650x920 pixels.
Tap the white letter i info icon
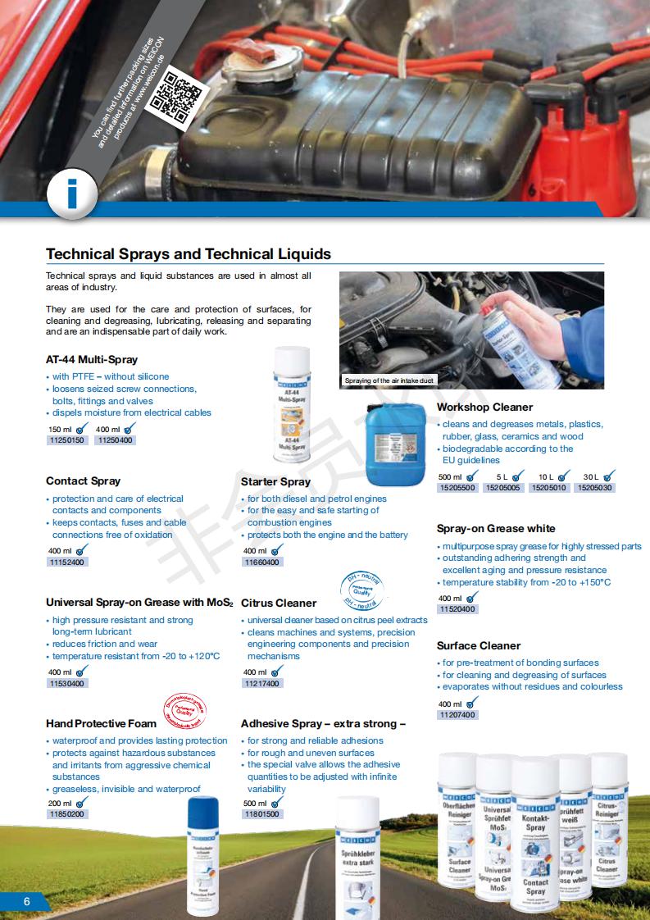[x=72, y=194]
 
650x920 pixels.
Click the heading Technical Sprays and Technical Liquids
[x=189, y=254]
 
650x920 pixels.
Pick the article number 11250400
[x=115, y=440]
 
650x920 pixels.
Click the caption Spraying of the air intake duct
[x=389, y=381]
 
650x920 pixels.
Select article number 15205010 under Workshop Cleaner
[x=548, y=488]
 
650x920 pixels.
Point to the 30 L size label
[x=591, y=476]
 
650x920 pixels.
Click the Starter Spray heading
[x=275, y=481]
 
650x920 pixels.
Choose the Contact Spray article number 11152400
[x=67, y=562]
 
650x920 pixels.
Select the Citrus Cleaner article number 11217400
[x=261, y=684]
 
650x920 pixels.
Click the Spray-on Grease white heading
[x=496, y=529]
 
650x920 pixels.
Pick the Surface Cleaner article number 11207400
[x=457, y=715]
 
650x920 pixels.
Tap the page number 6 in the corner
[x=26, y=902]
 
